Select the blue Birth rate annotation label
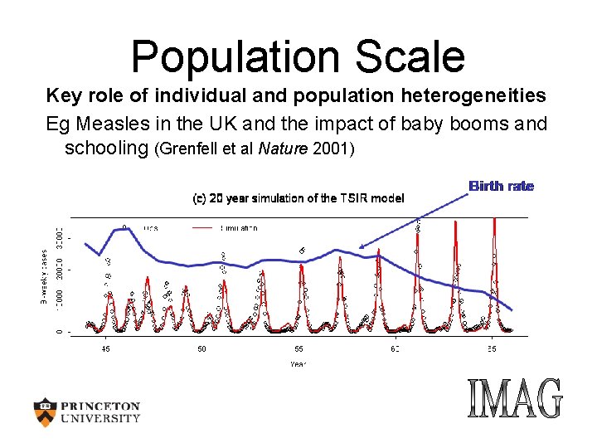click(501, 186)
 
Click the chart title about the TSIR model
click(298, 198)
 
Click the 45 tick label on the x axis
click(105, 349)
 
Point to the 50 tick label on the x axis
click(201, 349)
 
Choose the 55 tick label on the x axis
click(298, 349)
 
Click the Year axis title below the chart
click(297, 363)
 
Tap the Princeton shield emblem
click(46, 411)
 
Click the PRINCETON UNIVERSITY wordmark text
click(100, 412)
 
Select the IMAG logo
click(514, 399)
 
